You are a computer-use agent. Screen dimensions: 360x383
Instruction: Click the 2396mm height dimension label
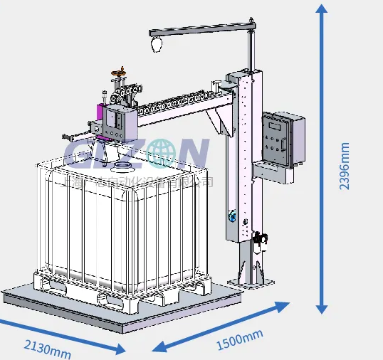click(345, 166)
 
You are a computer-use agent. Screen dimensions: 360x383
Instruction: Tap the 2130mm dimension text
click(48, 348)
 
